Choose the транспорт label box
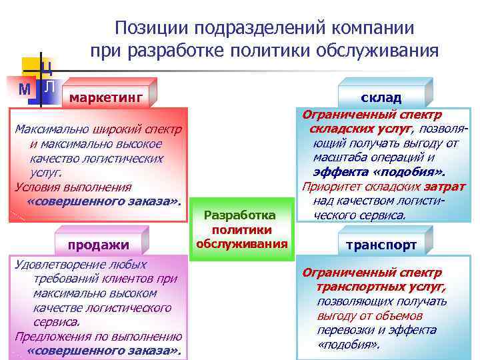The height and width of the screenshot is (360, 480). click(x=381, y=245)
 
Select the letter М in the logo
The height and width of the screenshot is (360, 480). click(x=25, y=89)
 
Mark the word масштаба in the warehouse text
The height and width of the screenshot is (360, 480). click(x=340, y=157)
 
